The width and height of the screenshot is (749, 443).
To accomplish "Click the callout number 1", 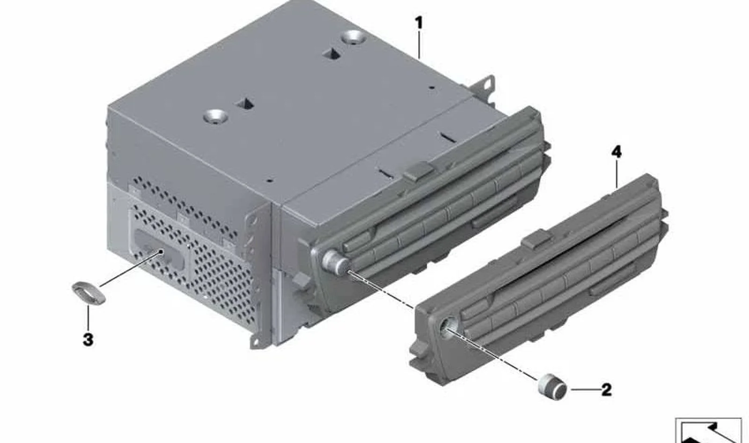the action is tap(419, 23).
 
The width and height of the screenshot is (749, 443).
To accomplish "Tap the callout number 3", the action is tap(88, 340).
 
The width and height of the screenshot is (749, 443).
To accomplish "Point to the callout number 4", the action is tap(617, 152).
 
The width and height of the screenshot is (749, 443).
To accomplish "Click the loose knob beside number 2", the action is tap(552, 387).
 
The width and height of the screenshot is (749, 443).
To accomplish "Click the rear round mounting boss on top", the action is tap(354, 37).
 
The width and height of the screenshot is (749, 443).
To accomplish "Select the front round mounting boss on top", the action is tap(216, 117).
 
